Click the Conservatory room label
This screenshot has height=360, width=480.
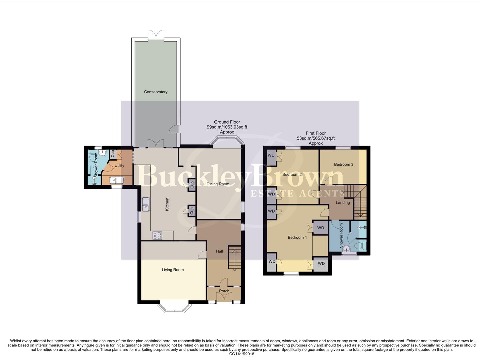[156, 92]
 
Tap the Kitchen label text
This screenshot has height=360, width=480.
[167, 204]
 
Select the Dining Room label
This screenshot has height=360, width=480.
[218, 184]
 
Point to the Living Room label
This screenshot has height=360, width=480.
[173, 270]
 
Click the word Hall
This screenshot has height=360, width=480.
[219, 251]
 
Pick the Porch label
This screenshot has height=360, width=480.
[224, 291]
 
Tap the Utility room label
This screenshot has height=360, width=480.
[119, 166]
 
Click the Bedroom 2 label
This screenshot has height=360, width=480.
[292, 174]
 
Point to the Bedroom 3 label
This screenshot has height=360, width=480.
[344, 164]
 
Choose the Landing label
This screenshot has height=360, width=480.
[343, 203]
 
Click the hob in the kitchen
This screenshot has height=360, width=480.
[157, 236]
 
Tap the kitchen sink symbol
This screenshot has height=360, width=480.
[146, 204]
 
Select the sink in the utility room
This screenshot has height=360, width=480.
[117, 180]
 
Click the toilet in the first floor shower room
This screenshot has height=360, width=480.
[359, 246]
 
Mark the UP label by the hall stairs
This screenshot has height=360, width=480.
[235, 270]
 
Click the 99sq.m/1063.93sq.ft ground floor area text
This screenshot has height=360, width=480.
[227, 127]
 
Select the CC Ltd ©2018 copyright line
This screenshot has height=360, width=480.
[242, 354]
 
